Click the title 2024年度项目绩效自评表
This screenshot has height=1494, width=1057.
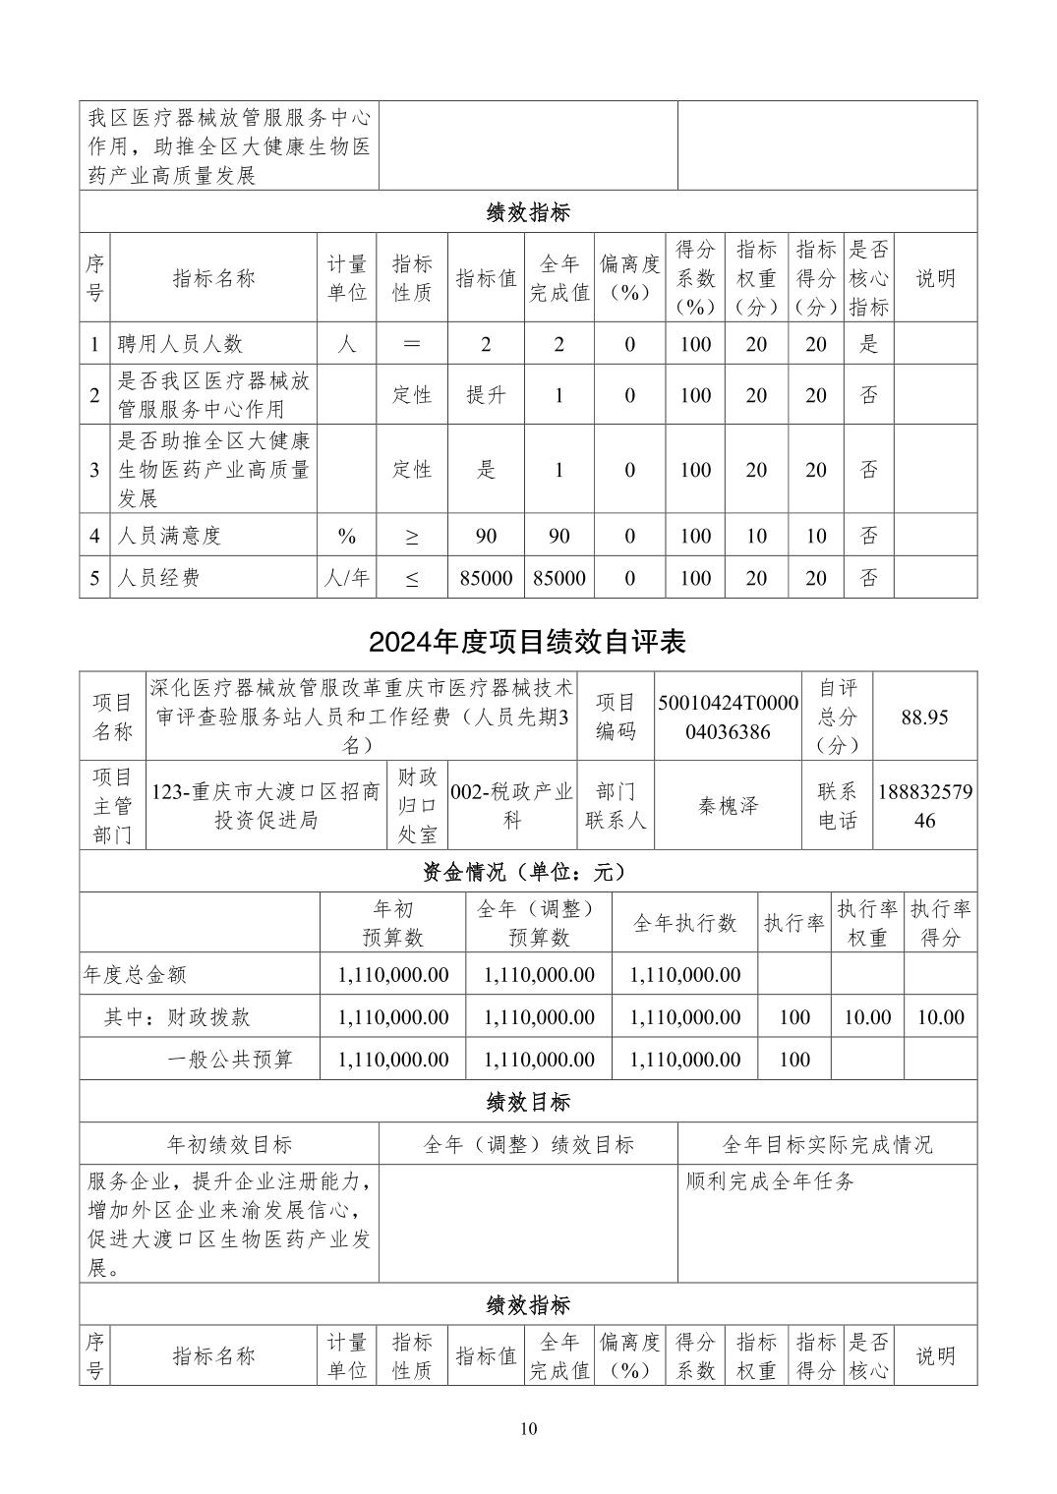(527, 642)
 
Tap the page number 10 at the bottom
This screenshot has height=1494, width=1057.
(529, 1428)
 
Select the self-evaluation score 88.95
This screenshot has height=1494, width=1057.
(924, 717)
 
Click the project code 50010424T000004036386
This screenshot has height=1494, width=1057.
(728, 717)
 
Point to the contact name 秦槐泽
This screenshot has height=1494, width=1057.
(729, 806)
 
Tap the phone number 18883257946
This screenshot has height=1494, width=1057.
(924, 806)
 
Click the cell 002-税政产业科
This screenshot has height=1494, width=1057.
(511, 806)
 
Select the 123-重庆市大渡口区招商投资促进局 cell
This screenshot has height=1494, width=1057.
(265, 806)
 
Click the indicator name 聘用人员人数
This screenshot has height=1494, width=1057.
(180, 344)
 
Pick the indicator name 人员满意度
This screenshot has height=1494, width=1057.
(169, 536)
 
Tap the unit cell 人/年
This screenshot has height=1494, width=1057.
(347, 578)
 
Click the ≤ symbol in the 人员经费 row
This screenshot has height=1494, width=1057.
(412, 579)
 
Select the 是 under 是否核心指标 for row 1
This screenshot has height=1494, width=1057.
(868, 344)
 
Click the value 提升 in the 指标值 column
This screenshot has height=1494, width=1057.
(486, 395)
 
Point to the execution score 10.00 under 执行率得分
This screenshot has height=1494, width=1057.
(940, 1017)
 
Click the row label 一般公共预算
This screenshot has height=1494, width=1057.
(230, 1060)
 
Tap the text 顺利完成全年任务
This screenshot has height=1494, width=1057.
(770, 1181)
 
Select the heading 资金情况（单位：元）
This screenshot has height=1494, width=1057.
(527, 872)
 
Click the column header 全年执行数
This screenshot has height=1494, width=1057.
(684, 923)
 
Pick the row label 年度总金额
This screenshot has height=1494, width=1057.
(135, 975)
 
